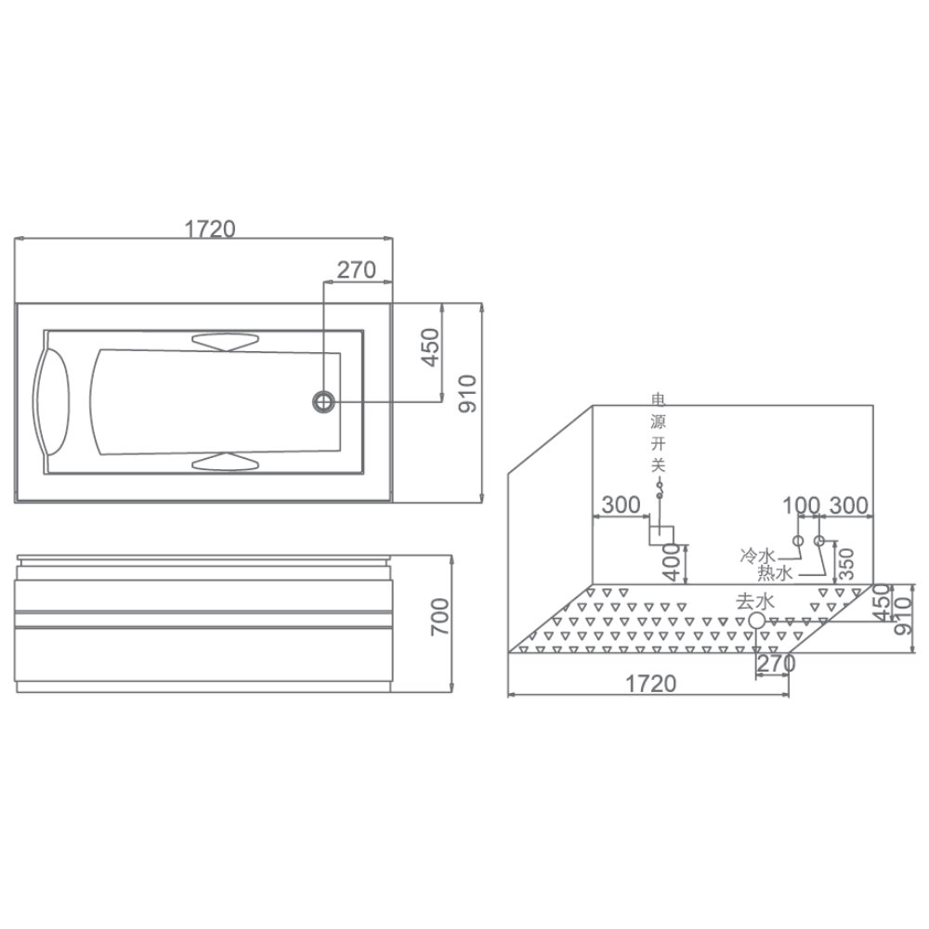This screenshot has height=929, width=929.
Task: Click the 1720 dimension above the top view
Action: pos(210,229)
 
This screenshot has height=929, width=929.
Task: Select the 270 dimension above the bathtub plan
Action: pos(356,270)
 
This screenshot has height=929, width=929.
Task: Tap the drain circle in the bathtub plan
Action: pos(324,401)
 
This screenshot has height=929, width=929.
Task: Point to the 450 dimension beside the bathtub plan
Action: pos(431,347)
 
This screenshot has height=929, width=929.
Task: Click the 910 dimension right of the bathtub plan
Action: pos(467,394)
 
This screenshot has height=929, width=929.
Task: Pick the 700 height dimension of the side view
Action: pos(440,618)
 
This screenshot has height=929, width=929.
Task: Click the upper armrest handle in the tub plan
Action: pos(226,342)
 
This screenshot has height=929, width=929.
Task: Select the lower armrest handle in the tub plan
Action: pos(226,462)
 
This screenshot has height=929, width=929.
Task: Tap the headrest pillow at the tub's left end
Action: pos(51,401)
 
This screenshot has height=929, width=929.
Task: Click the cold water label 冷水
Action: pos(758,556)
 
